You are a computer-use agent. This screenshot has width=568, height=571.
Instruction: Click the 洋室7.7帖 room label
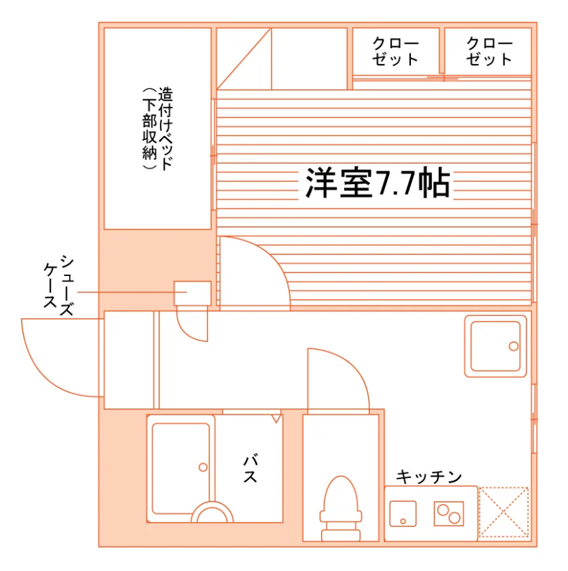pos(378,183)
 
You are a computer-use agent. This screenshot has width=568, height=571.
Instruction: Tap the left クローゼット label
pos(395,52)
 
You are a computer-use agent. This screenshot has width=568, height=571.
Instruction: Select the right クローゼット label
pos(489,52)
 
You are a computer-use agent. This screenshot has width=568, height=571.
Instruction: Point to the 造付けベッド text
pos(165,128)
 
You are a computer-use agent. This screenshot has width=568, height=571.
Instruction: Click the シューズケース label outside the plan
pos(59,285)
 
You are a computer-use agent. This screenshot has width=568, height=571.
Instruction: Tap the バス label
pos(250,468)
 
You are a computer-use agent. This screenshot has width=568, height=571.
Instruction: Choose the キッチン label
pos(429,477)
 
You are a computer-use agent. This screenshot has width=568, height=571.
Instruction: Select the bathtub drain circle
pos(203,467)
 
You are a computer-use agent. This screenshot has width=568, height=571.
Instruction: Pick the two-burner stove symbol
pos(448,513)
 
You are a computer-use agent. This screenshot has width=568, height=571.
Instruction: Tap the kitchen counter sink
pos(403,513)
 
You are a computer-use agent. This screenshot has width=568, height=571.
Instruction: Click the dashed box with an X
pos(503,512)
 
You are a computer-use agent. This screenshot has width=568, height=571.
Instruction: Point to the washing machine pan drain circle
pos(514,346)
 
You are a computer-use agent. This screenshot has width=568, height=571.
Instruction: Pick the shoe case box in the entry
pos(193,293)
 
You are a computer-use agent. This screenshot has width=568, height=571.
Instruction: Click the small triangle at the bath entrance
pos(277,419)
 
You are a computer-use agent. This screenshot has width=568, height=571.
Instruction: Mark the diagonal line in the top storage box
pos(244,58)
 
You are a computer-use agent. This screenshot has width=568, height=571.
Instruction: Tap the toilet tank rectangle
pos(341,535)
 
